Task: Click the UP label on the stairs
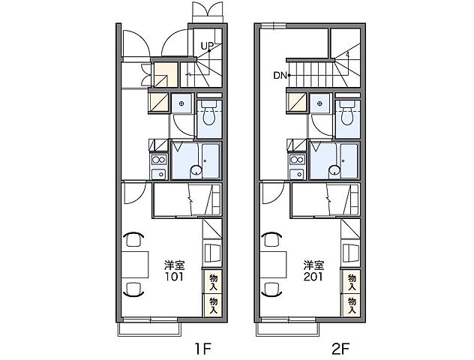[x=207, y=46]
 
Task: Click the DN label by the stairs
[x=280, y=76]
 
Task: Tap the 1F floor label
[x=202, y=349]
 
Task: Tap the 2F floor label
[x=340, y=349]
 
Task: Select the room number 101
[x=174, y=277]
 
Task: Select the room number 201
[x=313, y=277]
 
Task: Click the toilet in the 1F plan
[x=209, y=113]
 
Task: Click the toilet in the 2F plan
[x=348, y=113]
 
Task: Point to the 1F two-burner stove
[x=159, y=160]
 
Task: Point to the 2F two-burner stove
[x=298, y=160]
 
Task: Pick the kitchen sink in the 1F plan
[x=159, y=174]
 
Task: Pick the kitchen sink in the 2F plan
[x=298, y=174]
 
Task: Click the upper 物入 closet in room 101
[x=213, y=281]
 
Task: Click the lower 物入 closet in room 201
[x=352, y=305]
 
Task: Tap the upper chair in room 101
[x=133, y=238]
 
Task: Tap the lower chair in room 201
[x=271, y=289]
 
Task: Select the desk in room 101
[x=135, y=265]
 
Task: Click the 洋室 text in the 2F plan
[x=314, y=265]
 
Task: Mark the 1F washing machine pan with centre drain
[x=181, y=103]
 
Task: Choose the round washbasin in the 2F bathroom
[x=334, y=170]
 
